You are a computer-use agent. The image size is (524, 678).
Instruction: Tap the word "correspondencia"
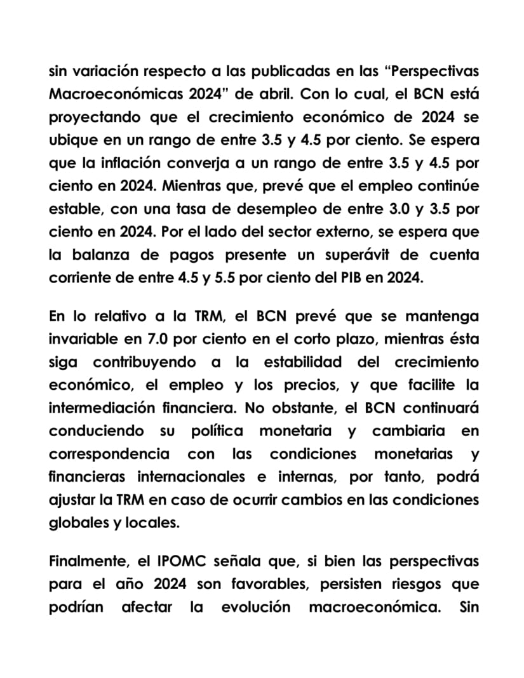pyautogui.click(x=109, y=454)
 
